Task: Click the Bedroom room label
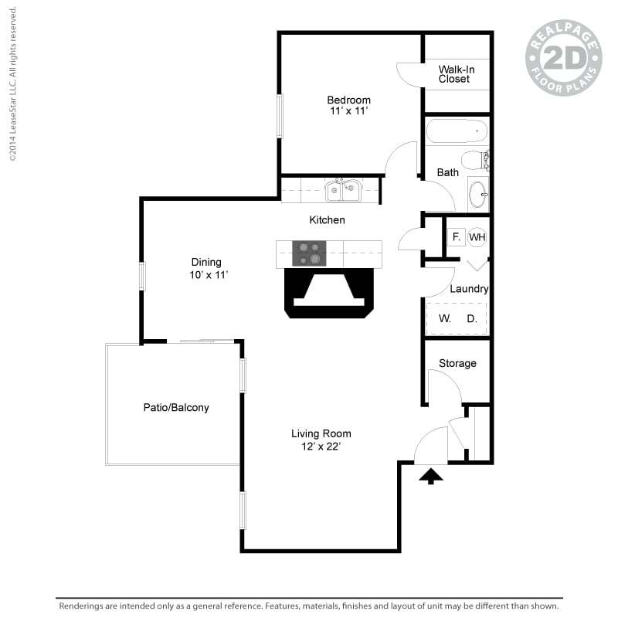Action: (x=348, y=100)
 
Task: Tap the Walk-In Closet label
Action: (x=456, y=74)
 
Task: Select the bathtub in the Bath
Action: (x=457, y=132)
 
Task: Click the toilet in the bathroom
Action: (x=485, y=160)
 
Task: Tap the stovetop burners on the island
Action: (x=308, y=252)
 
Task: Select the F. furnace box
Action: (x=456, y=237)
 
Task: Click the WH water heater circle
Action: (x=477, y=237)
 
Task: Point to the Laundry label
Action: (x=469, y=289)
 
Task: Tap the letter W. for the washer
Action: (x=445, y=318)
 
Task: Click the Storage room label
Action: (x=457, y=363)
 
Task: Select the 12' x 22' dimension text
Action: (x=321, y=447)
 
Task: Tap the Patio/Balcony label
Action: (x=175, y=407)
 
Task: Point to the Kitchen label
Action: (x=327, y=220)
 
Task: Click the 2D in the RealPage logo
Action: (x=563, y=58)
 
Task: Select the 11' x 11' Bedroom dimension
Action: (x=348, y=111)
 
